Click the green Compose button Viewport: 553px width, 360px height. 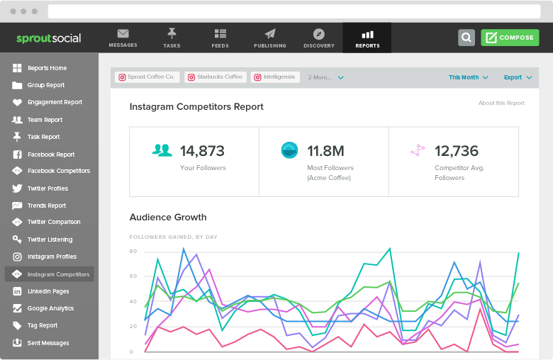coord(509,38)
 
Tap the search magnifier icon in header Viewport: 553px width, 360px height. coord(466,38)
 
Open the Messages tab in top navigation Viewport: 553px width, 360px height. coord(123,38)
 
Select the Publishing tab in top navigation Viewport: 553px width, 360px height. coord(269,38)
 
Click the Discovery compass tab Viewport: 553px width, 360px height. coord(318,38)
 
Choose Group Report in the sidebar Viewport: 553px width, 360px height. coord(46,85)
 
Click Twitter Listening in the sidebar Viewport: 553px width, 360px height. coord(50,240)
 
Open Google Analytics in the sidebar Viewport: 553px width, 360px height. coord(50,308)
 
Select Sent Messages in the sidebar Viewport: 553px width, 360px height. coord(48,343)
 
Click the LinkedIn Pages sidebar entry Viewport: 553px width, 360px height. coord(48,291)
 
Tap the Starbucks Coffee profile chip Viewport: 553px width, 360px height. coord(215,77)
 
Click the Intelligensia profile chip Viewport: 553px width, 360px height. coord(276,77)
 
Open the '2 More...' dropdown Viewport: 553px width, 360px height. coord(325,77)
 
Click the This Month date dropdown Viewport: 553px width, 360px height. coord(468,77)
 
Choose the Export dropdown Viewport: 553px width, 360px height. coord(517,77)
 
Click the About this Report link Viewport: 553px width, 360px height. coord(501,103)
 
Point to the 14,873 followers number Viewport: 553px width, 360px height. coord(202,150)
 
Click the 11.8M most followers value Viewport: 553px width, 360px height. coord(325,150)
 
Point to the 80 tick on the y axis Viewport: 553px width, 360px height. coord(133,252)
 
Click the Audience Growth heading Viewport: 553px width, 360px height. coord(168,217)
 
